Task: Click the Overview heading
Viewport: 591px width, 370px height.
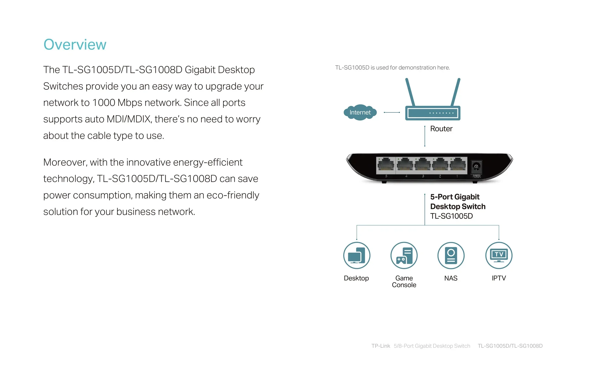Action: [x=75, y=45]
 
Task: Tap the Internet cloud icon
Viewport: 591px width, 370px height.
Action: [x=360, y=112]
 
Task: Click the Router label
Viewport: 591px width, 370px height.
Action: [x=441, y=129]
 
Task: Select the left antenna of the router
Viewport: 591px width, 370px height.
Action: [x=410, y=92]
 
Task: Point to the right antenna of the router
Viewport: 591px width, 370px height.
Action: [x=456, y=92]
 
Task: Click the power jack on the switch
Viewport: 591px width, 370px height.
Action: [x=476, y=166]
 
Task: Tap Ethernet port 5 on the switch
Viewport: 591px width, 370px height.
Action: [x=386, y=165]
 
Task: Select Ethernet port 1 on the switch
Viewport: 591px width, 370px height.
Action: [x=458, y=165]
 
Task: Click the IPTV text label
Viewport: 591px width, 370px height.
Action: [x=499, y=278]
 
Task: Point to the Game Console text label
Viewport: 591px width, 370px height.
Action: [x=404, y=282]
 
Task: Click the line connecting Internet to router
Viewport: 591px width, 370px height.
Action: [x=392, y=112]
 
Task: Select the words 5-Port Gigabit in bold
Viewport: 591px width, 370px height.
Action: [x=455, y=197]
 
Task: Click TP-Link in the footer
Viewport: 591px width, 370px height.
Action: [x=381, y=346]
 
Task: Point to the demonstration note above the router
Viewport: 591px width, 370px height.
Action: [x=392, y=68]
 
